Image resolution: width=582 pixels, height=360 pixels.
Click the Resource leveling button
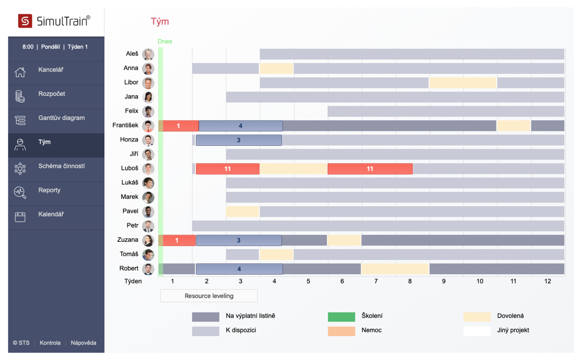click(x=209, y=296)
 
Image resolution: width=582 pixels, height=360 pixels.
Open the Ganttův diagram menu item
click(x=61, y=118)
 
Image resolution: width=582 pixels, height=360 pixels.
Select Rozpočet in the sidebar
click(x=52, y=94)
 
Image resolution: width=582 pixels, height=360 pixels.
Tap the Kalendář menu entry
click(x=51, y=214)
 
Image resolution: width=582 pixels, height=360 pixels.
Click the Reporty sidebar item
click(x=49, y=190)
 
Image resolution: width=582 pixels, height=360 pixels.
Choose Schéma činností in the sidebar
click(x=61, y=166)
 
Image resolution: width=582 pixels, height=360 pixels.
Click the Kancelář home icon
click(x=20, y=72)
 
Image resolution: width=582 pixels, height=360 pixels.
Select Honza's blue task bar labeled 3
click(x=239, y=140)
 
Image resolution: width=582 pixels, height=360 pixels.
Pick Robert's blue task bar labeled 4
click(x=239, y=269)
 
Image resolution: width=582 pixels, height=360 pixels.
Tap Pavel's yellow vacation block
click(x=242, y=212)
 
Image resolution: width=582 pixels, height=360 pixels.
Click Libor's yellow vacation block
click(x=463, y=83)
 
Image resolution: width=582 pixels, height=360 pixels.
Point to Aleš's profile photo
click(x=148, y=55)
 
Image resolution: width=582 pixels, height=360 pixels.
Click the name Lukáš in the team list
click(x=130, y=183)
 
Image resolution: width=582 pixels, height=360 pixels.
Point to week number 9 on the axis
click(x=444, y=281)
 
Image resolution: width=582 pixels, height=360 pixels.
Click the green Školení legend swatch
click(x=341, y=317)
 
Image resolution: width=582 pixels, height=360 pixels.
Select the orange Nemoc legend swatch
click(x=341, y=331)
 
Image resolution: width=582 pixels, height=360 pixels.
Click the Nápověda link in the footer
click(x=83, y=343)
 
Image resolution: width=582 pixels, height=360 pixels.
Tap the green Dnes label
click(x=165, y=41)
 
